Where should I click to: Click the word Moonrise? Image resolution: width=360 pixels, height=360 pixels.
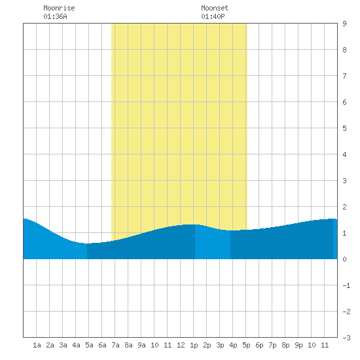59,8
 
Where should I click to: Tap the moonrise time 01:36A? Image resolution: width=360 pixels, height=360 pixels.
55,16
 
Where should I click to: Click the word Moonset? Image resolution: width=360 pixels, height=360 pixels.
215,8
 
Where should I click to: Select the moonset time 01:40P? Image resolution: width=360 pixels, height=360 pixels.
213,16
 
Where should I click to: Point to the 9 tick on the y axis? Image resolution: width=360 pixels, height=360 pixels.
344,24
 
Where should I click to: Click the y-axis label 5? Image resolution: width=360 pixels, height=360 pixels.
344,128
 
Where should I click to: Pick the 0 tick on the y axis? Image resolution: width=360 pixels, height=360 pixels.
344,259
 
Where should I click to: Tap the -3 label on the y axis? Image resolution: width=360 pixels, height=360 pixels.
346,338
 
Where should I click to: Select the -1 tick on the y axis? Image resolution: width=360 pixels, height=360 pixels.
346,285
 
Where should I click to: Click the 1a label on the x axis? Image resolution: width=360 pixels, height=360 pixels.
37,345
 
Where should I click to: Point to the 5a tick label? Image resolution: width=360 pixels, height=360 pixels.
89,345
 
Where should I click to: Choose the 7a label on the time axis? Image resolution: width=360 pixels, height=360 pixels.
115,345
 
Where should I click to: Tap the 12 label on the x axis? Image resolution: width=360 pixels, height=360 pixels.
181,345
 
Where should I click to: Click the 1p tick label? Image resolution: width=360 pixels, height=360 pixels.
194,345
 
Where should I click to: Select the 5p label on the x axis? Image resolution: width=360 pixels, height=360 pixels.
246,345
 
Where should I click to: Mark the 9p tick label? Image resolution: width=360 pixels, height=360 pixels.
298,345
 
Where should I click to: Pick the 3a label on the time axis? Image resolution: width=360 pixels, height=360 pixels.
63,345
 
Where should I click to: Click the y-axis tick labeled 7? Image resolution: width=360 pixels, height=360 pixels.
344,76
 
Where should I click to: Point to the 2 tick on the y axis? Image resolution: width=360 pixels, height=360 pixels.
344,207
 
